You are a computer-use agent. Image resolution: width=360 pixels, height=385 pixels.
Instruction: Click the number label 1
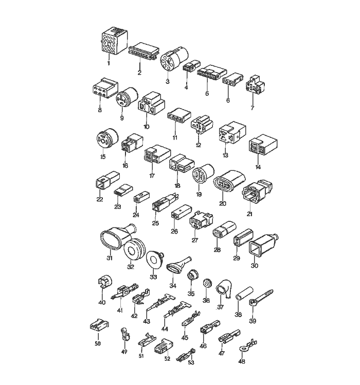(x=108, y=63)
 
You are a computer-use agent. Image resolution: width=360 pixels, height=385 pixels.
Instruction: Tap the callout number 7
(x=253, y=108)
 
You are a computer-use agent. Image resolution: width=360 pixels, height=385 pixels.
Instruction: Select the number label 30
(x=255, y=266)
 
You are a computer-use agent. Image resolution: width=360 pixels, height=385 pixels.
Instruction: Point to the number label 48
(x=242, y=361)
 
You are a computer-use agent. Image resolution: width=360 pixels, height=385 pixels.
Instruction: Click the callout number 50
(x=98, y=344)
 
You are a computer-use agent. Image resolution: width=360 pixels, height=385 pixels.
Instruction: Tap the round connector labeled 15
(x=106, y=138)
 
